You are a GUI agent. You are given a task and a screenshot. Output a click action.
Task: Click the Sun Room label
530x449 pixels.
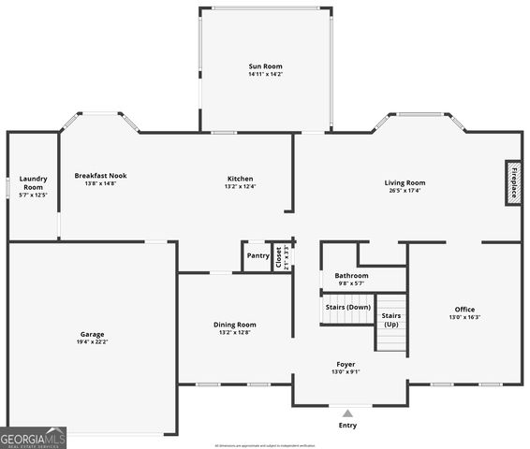point(265,66)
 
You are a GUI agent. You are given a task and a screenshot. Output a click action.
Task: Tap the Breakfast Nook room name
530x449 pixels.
point(101,175)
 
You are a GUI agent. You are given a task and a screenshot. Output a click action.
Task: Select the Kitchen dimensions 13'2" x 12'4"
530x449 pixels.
point(240,186)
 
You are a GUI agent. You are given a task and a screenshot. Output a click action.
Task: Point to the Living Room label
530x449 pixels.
point(405,182)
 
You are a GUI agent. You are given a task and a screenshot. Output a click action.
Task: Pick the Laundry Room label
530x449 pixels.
point(33,182)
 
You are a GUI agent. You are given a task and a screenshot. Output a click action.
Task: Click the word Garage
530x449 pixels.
point(92,334)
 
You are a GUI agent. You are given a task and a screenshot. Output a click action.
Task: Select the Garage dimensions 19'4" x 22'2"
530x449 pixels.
point(92,341)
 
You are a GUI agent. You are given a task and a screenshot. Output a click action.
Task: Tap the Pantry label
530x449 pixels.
point(258,255)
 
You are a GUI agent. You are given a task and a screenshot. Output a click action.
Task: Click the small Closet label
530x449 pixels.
point(278,257)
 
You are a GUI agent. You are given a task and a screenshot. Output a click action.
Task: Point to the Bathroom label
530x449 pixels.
point(352,276)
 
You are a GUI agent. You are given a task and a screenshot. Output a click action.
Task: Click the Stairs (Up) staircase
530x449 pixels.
point(391,323)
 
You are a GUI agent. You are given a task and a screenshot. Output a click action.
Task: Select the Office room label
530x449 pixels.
point(464,310)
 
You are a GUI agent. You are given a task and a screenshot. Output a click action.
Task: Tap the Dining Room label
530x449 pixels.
point(234,325)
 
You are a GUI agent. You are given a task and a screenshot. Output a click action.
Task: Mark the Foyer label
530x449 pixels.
point(346,364)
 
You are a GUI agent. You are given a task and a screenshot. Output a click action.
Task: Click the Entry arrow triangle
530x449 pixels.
point(347,413)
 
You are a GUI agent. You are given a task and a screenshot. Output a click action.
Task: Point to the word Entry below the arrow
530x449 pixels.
point(347,426)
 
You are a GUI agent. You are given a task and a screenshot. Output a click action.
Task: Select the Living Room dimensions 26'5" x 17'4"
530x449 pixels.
point(405,191)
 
